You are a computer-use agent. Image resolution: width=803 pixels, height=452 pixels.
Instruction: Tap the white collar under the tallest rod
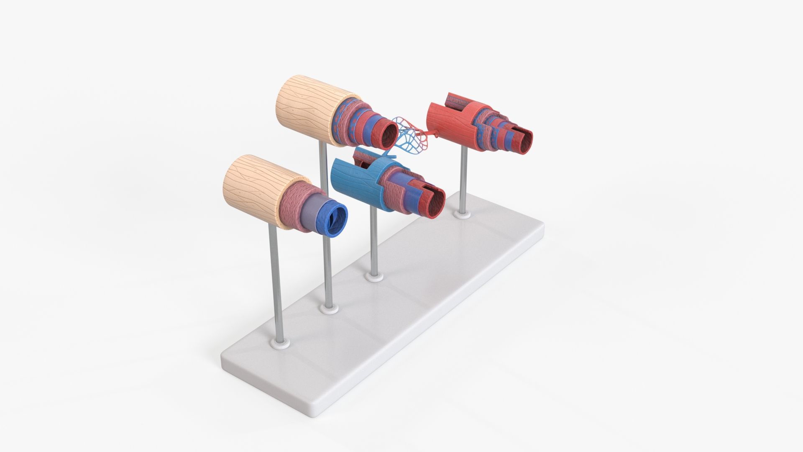click(329, 309)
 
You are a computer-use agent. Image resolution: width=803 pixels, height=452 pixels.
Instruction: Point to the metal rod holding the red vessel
click(463, 180)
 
